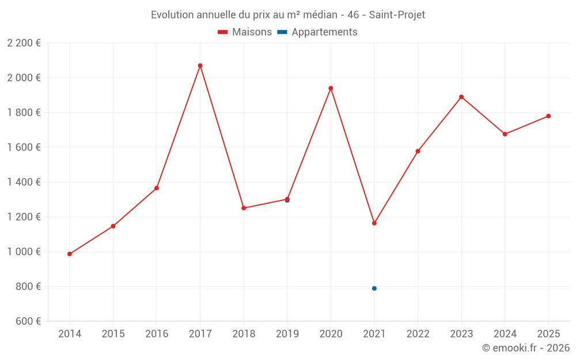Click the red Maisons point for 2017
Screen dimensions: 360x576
(x=200, y=66)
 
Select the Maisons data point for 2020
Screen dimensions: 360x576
(x=331, y=88)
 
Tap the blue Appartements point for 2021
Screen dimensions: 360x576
(x=374, y=289)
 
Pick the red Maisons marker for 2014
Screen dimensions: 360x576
(x=70, y=254)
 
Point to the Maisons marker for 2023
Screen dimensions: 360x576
(x=461, y=97)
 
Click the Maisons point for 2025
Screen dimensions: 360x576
(x=548, y=116)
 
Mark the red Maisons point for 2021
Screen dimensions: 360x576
(x=374, y=223)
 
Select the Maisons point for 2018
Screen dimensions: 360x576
(x=244, y=208)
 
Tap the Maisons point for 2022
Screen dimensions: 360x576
(x=418, y=151)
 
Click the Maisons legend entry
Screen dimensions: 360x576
(x=245, y=32)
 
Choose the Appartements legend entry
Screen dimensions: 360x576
(x=317, y=32)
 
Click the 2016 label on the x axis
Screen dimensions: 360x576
(x=157, y=334)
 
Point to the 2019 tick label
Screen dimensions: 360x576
(x=287, y=334)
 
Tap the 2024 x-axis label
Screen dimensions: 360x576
(x=505, y=334)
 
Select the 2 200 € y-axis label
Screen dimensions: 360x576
(x=24, y=43)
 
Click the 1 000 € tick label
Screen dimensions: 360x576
(x=24, y=252)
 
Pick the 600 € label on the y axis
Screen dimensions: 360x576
(x=27, y=321)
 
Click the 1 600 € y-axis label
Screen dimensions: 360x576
(x=24, y=147)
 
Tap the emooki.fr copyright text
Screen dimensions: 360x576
(x=525, y=348)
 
